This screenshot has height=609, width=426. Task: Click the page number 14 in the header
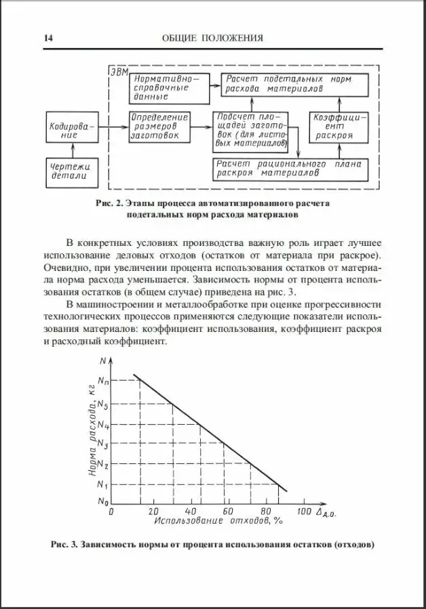pyautogui.click(x=48, y=38)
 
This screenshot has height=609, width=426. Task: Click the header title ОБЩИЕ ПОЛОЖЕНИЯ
pyautogui.click(x=213, y=38)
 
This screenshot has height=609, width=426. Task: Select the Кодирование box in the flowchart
pyautogui.click(x=71, y=130)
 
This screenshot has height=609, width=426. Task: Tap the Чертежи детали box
pyautogui.click(x=71, y=171)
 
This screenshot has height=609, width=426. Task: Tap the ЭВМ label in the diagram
pyautogui.click(x=118, y=72)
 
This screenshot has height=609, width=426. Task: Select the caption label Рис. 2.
pyautogui.click(x=111, y=203)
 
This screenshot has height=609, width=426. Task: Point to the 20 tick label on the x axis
pyautogui.click(x=153, y=510)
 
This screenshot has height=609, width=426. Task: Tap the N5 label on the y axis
pyautogui.click(x=102, y=405)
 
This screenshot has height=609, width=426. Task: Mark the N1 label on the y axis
pyautogui.click(x=102, y=484)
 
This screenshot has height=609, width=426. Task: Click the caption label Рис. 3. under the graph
pyautogui.click(x=65, y=544)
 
